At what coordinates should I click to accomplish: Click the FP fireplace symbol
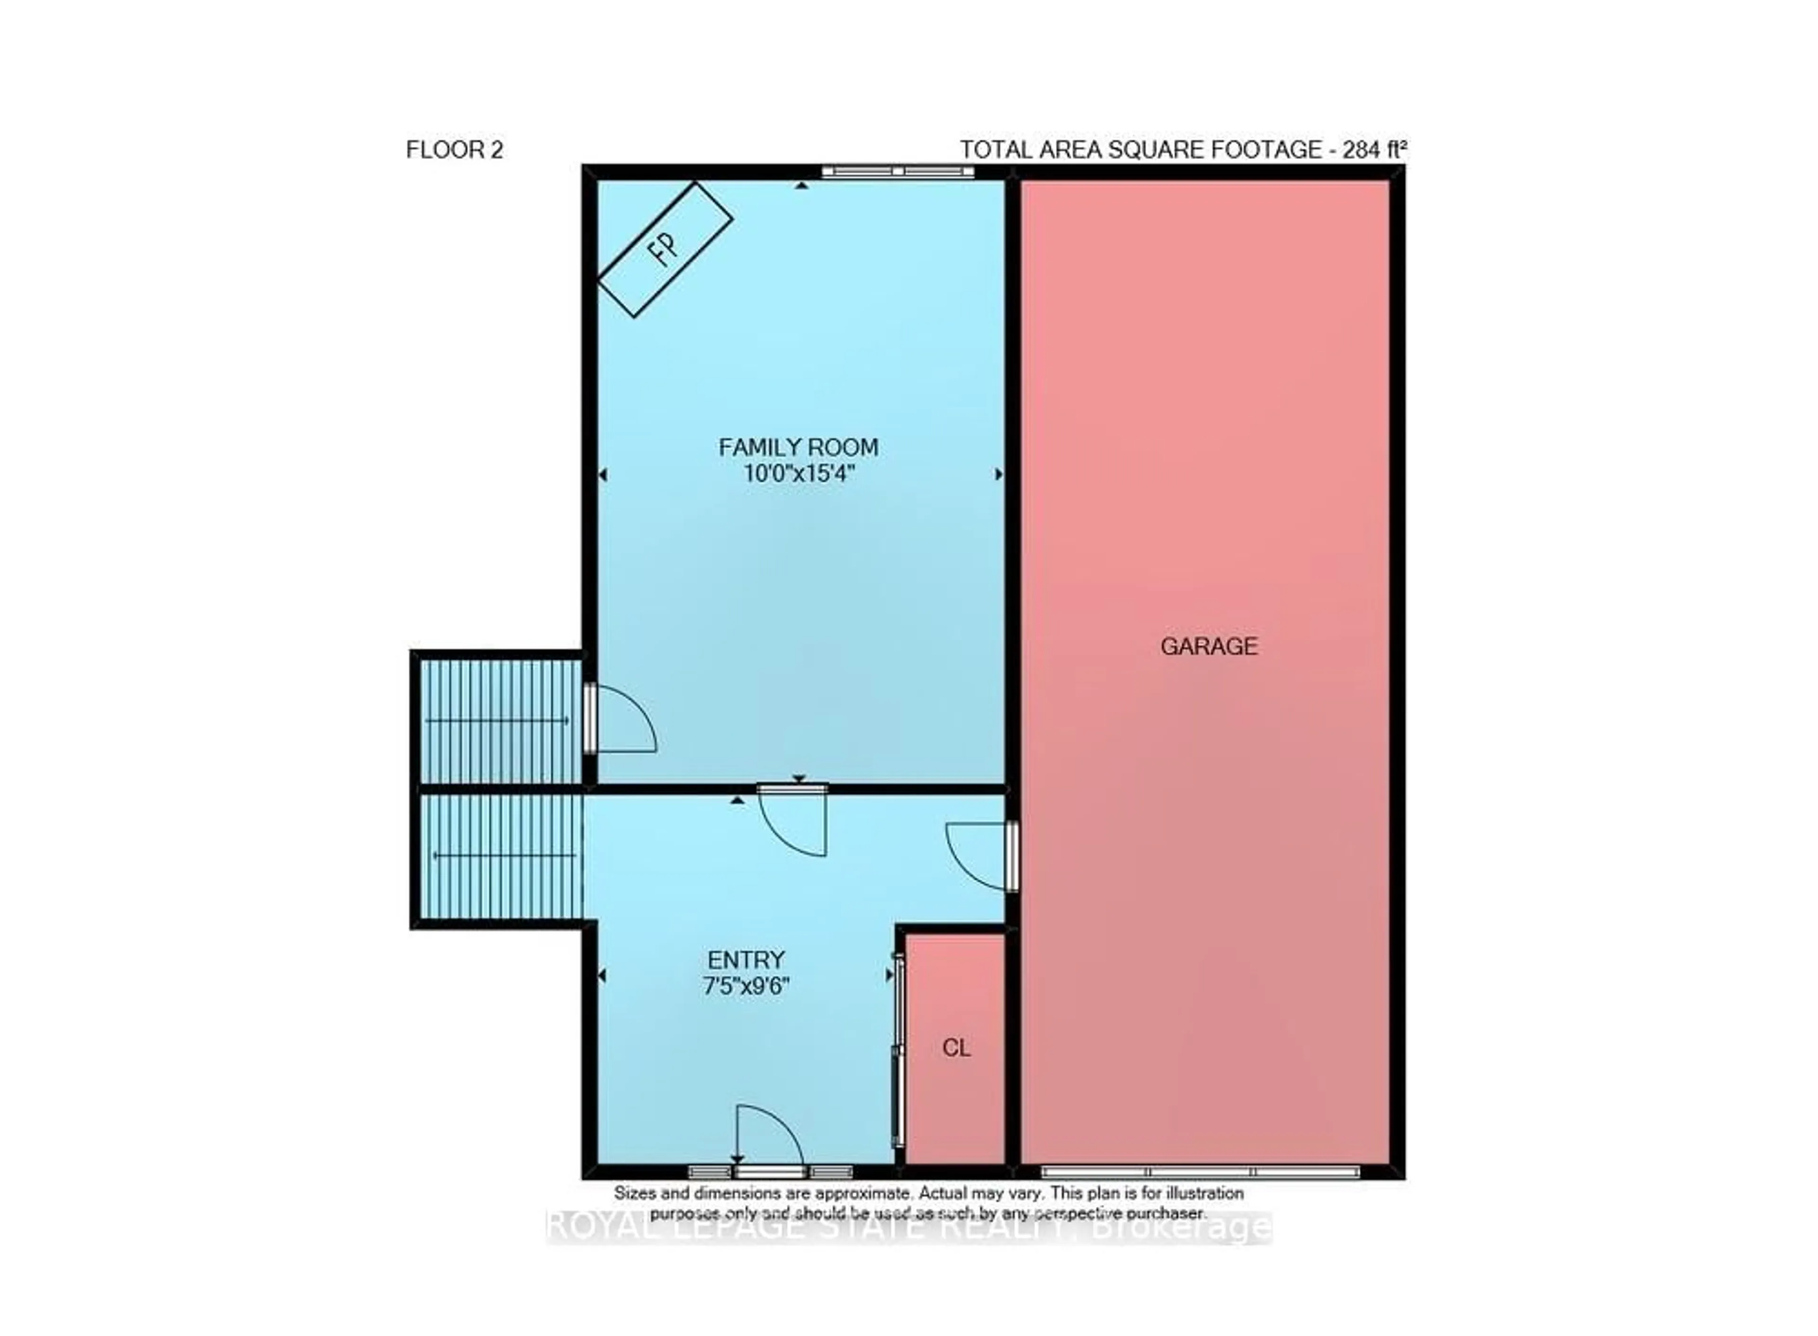665,249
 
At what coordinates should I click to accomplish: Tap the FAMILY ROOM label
798,447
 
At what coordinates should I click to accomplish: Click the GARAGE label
1208,646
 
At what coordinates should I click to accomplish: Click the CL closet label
956,1048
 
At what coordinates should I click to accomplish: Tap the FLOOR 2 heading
454,150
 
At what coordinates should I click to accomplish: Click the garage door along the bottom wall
1200,1172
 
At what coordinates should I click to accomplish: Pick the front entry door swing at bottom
768,1139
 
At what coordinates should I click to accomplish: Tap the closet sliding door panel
896,1051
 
